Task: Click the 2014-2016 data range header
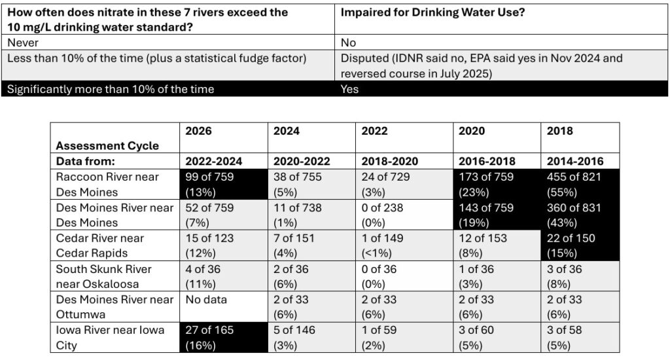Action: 573,161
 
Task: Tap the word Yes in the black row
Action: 349,89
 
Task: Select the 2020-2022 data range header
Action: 302,161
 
